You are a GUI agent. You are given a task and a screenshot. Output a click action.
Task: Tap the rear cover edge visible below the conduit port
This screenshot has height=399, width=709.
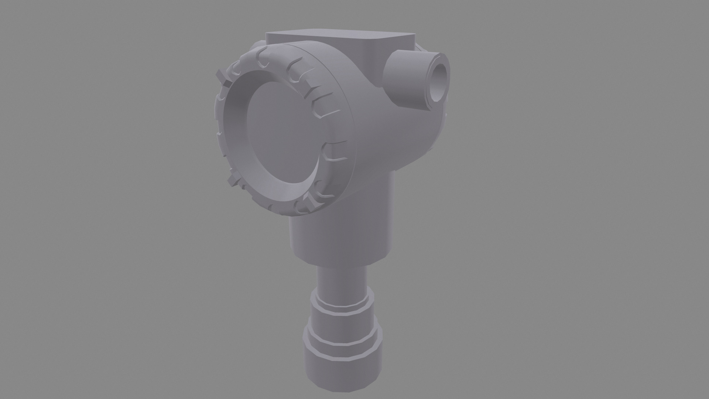click(x=438, y=133)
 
